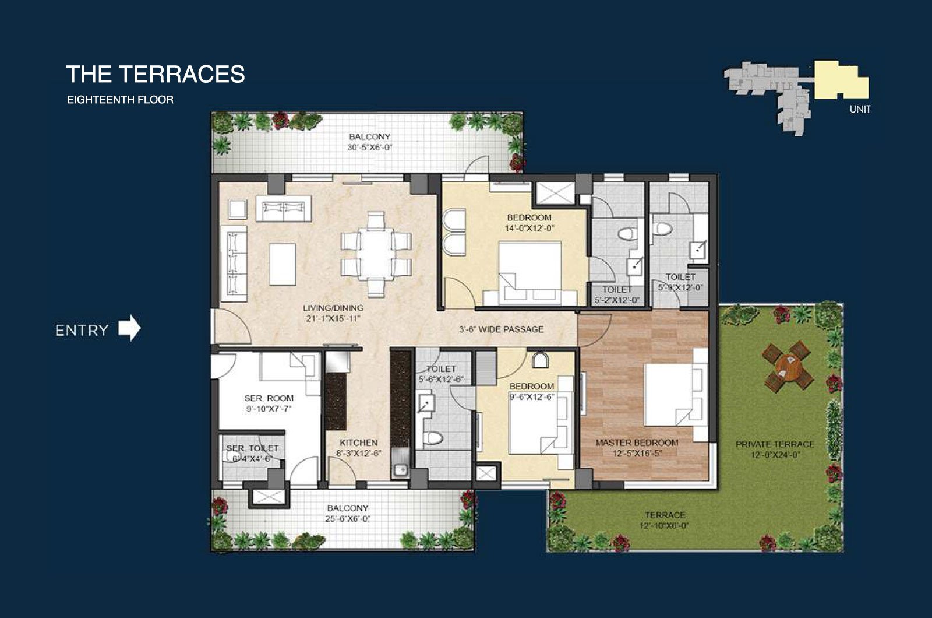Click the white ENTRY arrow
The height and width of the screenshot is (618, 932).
[129, 328]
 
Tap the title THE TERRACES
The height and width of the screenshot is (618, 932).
[156, 74]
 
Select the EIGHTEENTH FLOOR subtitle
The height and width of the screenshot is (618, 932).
[120, 100]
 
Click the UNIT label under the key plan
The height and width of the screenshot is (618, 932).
[860, 110]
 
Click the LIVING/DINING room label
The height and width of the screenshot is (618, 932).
[333, 308]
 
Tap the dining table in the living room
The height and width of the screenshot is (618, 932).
[376, 253]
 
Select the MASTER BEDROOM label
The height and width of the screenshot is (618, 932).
[637, 443]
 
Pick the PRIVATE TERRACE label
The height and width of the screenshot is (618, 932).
[775, 444]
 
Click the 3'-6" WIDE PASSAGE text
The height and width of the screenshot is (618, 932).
[501, 329]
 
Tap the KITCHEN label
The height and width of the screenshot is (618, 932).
[358, 443]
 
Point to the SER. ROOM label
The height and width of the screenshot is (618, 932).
[269, 398]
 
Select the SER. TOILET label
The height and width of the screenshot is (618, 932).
[253, 448]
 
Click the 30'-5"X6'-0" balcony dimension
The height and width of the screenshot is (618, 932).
[370, 148]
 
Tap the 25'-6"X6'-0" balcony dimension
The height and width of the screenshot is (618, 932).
[347, 519]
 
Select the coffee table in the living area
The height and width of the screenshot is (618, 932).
[283, 265]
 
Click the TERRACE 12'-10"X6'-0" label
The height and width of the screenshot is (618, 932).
[664, 521]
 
